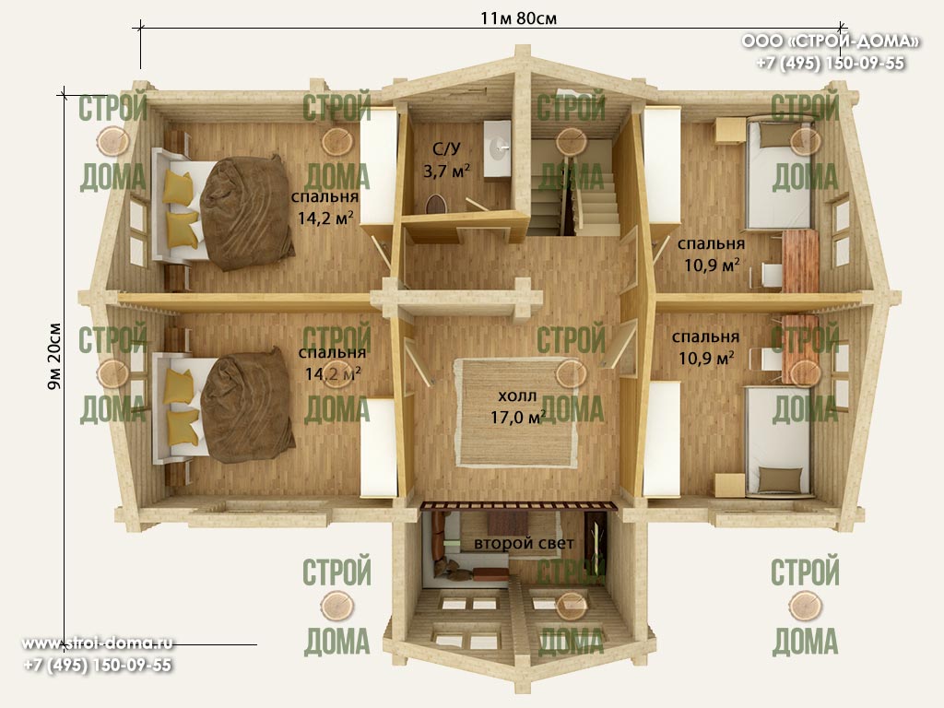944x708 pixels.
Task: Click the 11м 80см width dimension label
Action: [518, 18]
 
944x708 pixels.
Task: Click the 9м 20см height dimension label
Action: [54, 357]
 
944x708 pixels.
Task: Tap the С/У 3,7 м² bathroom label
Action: [446, 160]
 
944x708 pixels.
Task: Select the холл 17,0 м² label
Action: [518, 407]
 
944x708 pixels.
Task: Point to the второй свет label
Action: [524, 543]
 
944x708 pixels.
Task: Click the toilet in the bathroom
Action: [435, 204]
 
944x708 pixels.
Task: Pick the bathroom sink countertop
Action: [497, 148]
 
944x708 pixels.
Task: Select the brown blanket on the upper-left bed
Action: [247, 213]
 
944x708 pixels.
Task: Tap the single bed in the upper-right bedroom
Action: [780, 173]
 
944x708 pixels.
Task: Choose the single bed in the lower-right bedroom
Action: [780, 442]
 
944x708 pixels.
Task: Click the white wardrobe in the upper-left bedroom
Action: [378, 167]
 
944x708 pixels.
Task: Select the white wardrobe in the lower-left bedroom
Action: [378, 447]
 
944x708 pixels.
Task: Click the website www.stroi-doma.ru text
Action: [98, 643]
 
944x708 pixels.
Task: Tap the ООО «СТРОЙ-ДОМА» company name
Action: [831, 41]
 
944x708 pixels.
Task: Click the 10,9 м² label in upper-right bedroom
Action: [712, 265]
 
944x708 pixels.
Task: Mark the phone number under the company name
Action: [831, 64]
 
